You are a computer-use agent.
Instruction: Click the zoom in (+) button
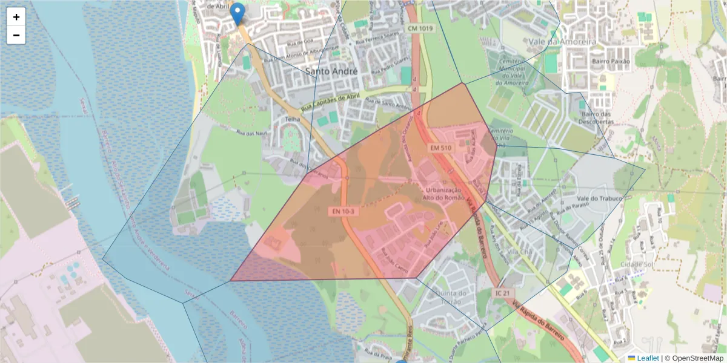click(16, 17)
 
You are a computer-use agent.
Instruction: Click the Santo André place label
click(331, 71)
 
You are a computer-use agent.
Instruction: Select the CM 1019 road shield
click(420, 28)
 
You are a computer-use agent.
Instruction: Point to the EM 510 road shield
click(441, 148)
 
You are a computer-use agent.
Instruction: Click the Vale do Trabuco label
click(600, 198)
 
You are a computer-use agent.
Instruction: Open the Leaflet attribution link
click(648, 358)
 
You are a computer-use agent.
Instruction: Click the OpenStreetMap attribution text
click(693, 358)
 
